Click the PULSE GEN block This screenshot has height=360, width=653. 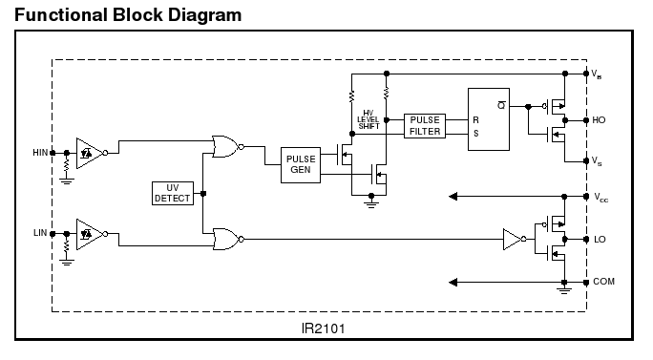point(301,165)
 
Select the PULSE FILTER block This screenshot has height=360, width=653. point(425,126)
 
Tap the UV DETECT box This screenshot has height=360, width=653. point(173,193)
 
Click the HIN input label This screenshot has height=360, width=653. point(40,153)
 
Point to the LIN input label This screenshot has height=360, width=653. point(40,233)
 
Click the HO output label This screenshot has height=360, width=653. point(599,120)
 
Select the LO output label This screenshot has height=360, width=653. point(600,240)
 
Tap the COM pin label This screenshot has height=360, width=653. point(604,282)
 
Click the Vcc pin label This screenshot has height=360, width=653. point(600,198)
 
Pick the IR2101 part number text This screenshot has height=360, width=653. point(324,328)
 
